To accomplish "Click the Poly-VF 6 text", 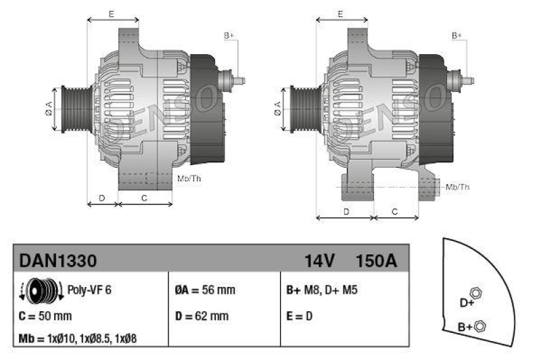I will coord(90,290).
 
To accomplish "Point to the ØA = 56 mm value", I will coord(205,290).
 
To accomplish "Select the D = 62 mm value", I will coord(202,315).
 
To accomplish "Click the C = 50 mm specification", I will coord(45,315).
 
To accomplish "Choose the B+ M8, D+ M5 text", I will coord(322,290).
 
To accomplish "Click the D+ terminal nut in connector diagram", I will coord(475,293).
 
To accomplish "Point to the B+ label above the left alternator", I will coord(229,35).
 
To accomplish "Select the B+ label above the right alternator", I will coord(457,35).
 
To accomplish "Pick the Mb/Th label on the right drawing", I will coord(458,187).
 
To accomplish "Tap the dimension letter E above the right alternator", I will coord(342,14).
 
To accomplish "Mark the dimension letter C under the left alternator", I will coord(144,198).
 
